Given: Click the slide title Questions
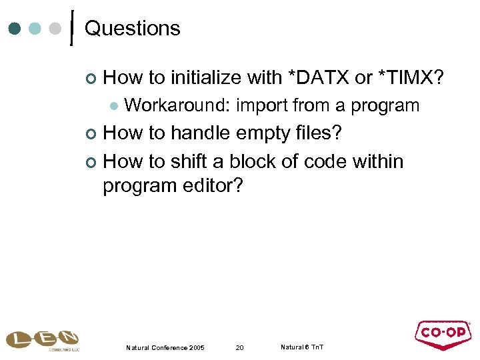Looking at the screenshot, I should click(x=133, y=29).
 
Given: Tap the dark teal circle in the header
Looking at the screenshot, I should click(x=14, y=29).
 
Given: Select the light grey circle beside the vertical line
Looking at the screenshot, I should click(x=57, y=29).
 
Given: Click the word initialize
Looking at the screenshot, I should click(x=206, y=78).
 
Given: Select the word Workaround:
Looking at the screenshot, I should click(x=177, y=105).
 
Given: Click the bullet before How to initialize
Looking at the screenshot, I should click(x=91, y=79).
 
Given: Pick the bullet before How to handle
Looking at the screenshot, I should click(x=91, y=134).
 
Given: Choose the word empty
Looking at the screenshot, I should click(x=263, y=133).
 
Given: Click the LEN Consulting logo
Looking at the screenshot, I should click(x=42, y=339).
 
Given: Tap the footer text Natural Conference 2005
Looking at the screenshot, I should click(x=165, y=348).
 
